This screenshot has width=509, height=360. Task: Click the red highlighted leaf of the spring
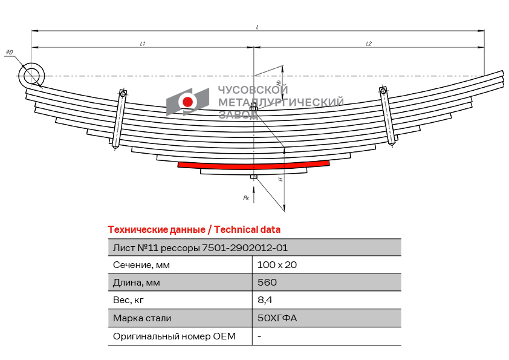253,165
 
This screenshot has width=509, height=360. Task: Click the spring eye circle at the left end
31,76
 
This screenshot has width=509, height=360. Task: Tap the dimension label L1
142,44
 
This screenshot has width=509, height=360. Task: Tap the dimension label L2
369,44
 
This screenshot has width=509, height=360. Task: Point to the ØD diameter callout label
10,52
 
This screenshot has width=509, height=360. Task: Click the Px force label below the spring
246,197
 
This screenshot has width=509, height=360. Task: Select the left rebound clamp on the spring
119,120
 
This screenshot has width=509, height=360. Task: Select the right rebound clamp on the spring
387,116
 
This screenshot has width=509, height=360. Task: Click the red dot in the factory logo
187,102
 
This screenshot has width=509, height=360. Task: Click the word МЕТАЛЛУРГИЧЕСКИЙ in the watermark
280,102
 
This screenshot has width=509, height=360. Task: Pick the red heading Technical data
247,230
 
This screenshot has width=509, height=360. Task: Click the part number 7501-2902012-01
245,248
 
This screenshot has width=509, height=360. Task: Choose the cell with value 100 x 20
277,265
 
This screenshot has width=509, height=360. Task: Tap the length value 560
267,283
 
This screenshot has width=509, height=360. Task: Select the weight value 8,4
265,300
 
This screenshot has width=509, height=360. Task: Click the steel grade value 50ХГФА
277,318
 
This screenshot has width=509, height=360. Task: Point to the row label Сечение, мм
141,265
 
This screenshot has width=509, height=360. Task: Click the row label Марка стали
142,318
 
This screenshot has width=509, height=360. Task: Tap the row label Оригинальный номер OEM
174,336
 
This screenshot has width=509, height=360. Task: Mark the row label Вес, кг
128,300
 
